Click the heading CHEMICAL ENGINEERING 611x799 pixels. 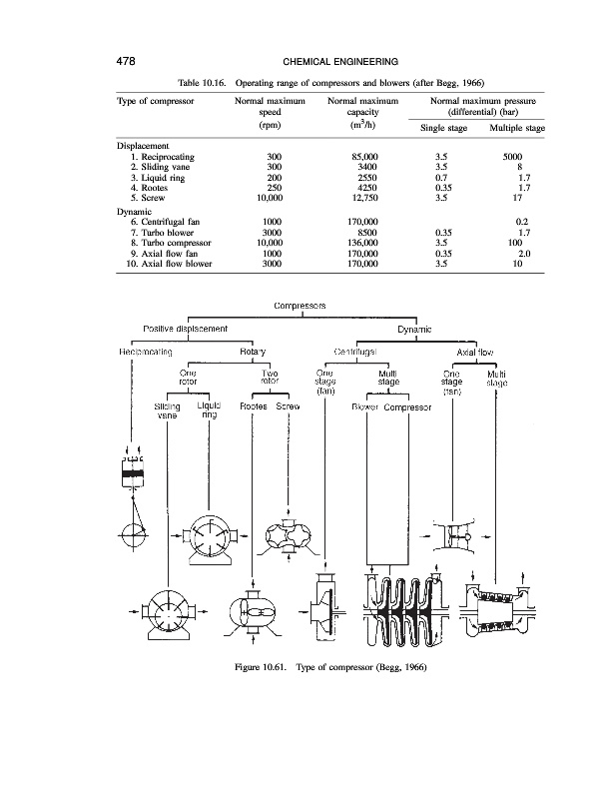pyautogui.click(x=305, y=61)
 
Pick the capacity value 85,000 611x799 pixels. pyautogui.click(x=357, y=158)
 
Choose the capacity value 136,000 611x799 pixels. pyautogui.click(x=357, y=241)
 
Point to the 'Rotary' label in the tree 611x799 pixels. pyautogui.click(x=251, y=352)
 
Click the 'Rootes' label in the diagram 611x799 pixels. pyautogui.click(x=257, y=407)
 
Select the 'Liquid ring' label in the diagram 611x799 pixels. pyautogui.click(x=209, y=410)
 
